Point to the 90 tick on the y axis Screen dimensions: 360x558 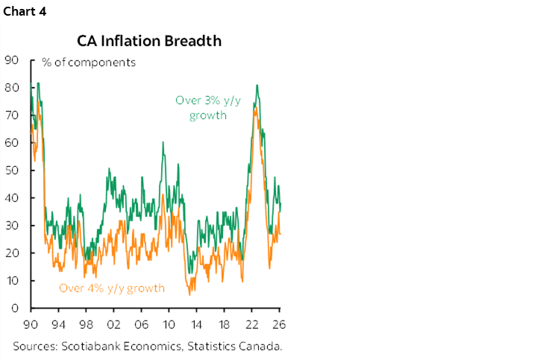coord(11,60)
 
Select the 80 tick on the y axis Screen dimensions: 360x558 coord(11,87)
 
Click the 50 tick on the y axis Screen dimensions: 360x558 coord(11,170)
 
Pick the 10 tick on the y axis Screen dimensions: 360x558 coord(11,280)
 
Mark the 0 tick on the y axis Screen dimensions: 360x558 coord(14,308)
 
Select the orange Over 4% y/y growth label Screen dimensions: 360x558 coord(112,288)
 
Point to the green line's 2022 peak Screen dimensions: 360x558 coord(257,85)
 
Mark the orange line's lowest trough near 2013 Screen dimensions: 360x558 coord(189,294)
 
